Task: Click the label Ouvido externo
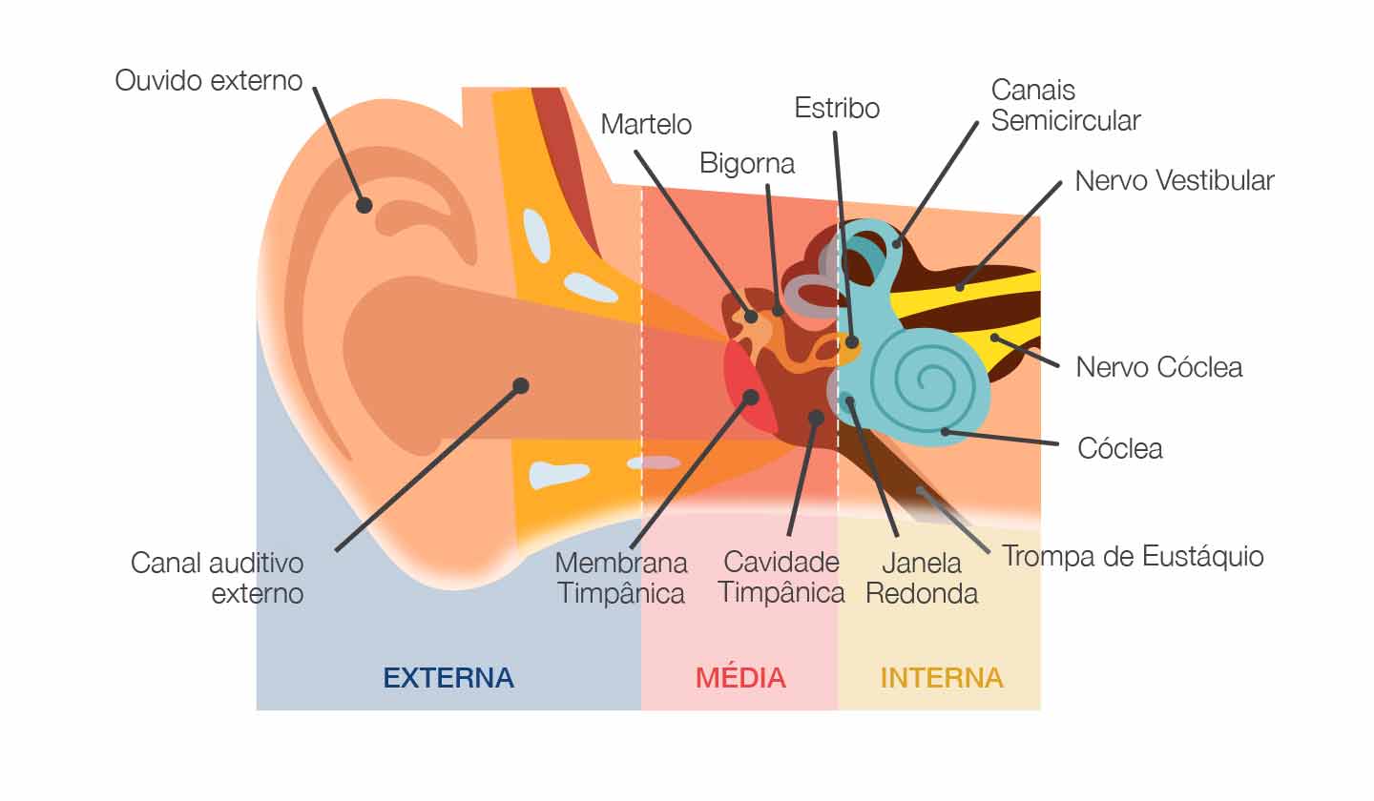pos(208,80)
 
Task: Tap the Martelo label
pos(646,124)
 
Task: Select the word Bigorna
pos(747,163)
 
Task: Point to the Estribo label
pos(837,108)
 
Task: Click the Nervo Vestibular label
pos(1175,180)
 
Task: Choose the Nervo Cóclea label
pos(1159,367)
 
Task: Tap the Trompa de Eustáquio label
pos(1133,556)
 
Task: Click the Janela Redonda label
pos(921,578)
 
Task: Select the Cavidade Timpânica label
pos(781,578)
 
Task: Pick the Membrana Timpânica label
pos(621,578)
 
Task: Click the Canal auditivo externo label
pos(218,578)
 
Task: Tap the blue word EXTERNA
pos(448,678)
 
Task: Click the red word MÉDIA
pos(740,678)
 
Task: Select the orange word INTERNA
pos(941,678)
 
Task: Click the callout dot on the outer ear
pos(364,204)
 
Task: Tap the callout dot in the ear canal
pos(520,385)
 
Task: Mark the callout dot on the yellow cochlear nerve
pos(994,337)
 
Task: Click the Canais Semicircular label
pos(1065,106)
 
